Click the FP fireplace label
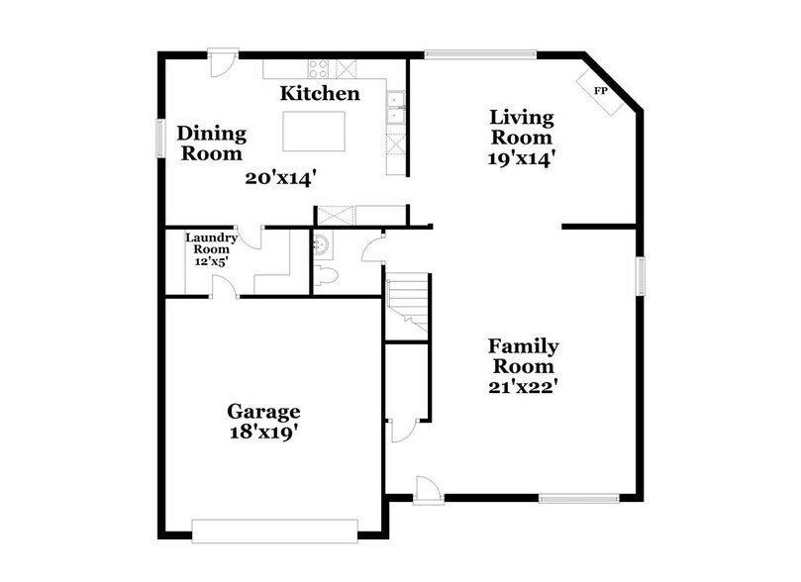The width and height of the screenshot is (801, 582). click(x=600, y=91)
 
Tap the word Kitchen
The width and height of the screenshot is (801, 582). click(x=319, y=94)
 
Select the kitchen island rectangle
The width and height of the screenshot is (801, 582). click(x=316, y=131)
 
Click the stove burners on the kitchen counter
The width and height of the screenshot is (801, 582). click(x=319, y=69)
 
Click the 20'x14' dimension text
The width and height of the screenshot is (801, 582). click(x=281, y=178)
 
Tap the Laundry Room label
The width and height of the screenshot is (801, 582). click(x=211, y=243)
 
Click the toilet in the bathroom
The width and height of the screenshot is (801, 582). click(x=327, y=275)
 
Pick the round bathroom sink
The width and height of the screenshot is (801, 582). click(x=321, y=243)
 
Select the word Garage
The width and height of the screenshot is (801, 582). click(x=263, y=411)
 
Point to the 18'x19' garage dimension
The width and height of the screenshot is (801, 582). click(x=263, y=432)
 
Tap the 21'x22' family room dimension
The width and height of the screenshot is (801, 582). click(x=524, y=386)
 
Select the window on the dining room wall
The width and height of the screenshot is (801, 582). click(x=158, y=138)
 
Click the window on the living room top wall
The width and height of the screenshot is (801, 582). click(x=480, y=53)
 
